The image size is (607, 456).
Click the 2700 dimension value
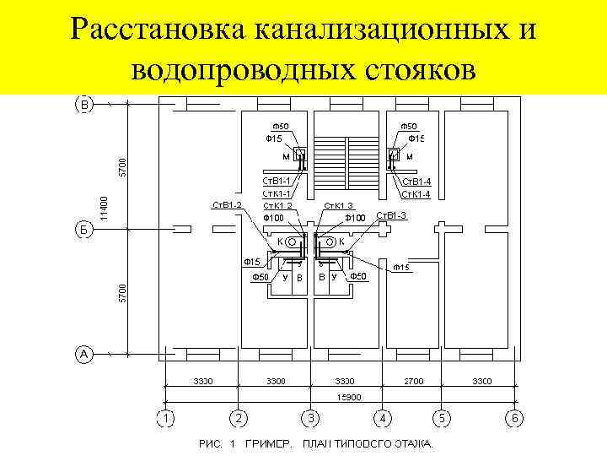tap(413, 382)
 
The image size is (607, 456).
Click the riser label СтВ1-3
tap(391, 215)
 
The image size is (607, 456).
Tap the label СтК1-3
tap(339, 205)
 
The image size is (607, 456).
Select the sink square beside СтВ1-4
tap(393, 155)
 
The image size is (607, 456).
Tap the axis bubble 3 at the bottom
tap(311, 417)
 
